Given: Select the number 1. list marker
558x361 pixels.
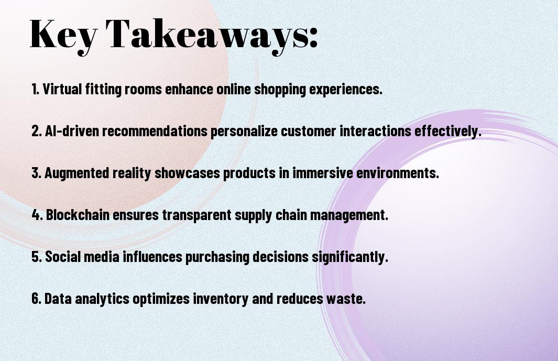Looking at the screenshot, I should point(35,90).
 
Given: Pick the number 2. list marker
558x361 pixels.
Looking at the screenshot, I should point(36,132).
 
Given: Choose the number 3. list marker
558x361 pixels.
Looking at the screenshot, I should point(36,173).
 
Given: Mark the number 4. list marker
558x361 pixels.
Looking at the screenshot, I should point(37,215).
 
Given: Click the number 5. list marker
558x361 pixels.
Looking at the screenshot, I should point(36,257).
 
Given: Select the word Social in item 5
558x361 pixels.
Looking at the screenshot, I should point(61,257).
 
